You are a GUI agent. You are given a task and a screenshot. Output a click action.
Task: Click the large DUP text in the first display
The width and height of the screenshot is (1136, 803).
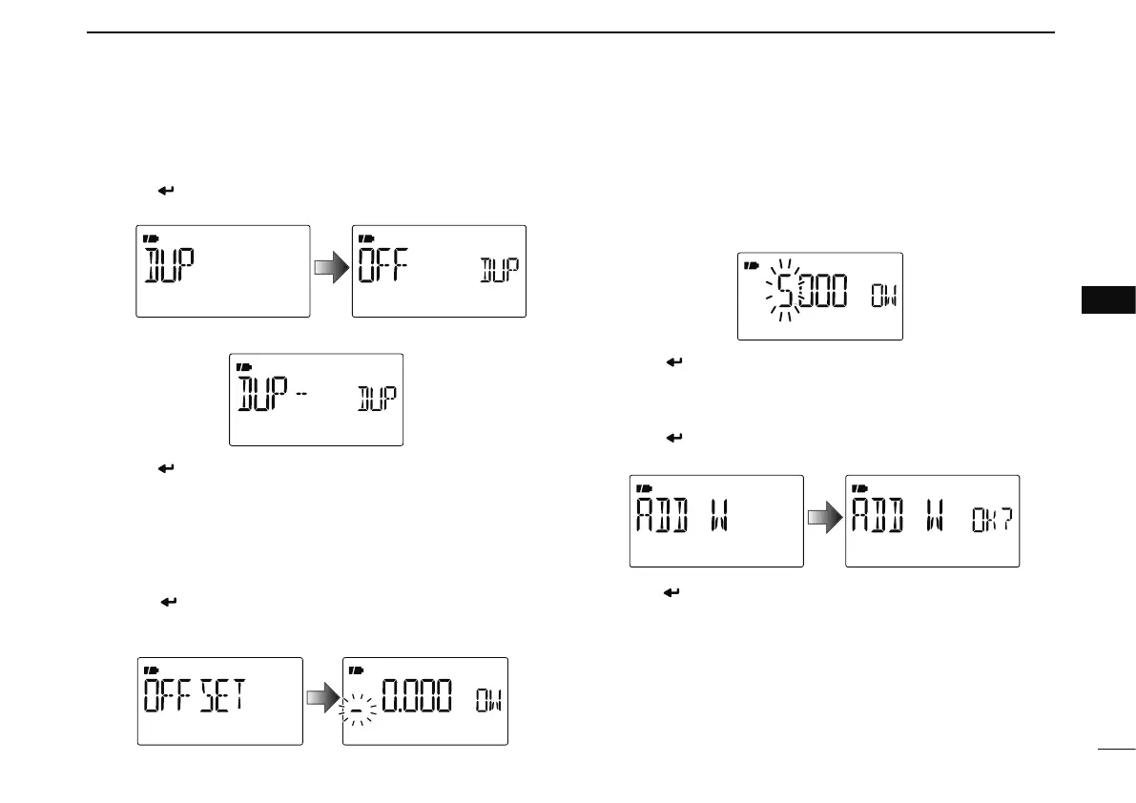pos(169,270)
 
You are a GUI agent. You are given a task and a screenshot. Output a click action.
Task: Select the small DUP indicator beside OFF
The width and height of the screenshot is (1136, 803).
pos(499,271)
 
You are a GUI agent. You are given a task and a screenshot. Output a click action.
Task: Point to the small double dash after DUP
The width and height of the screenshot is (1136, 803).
pos(300,392)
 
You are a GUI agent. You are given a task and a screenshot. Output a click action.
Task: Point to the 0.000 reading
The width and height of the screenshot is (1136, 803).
pos(421,700)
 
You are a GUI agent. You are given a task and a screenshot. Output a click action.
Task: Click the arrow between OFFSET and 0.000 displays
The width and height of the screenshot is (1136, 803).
pos(321,700)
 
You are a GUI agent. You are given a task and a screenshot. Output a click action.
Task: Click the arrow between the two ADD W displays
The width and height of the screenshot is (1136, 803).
pos(824,518)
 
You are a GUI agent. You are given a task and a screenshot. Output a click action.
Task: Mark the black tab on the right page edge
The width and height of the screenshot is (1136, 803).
pos(1109,299)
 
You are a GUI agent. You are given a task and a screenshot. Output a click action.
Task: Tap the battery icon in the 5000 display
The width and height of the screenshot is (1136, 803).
pos(751,264)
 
